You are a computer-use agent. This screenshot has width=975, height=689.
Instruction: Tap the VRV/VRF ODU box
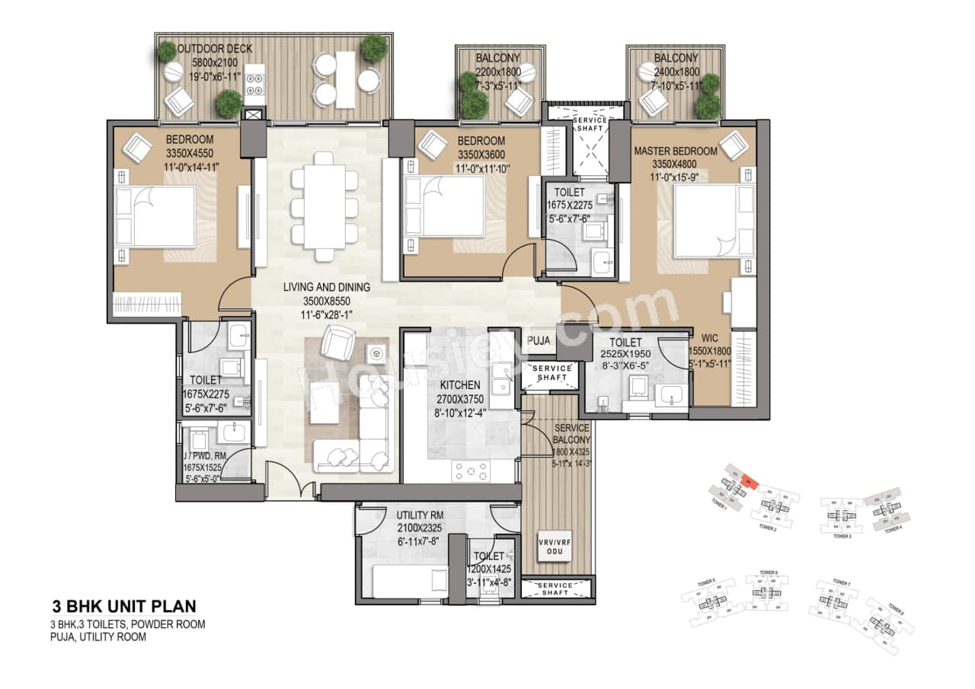point(554,546)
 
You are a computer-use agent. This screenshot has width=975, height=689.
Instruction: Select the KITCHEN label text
point(459,385)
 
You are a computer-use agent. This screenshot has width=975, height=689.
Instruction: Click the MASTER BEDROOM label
point(675,152)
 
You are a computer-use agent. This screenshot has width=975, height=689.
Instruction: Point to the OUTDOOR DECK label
point(215,49)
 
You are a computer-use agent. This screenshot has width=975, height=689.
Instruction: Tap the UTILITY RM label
point(420,515)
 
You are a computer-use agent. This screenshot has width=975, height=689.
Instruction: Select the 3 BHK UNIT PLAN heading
point(123,607)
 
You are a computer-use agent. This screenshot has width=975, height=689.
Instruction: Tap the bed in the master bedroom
point(705,221)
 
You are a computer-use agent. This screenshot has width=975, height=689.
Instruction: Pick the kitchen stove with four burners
point(472,471)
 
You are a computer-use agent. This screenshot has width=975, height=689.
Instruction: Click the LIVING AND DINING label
point(326,288)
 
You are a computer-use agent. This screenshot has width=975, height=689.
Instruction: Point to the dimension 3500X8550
point(326,301)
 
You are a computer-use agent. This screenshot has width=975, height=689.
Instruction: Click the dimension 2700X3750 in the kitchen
point(459,399)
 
